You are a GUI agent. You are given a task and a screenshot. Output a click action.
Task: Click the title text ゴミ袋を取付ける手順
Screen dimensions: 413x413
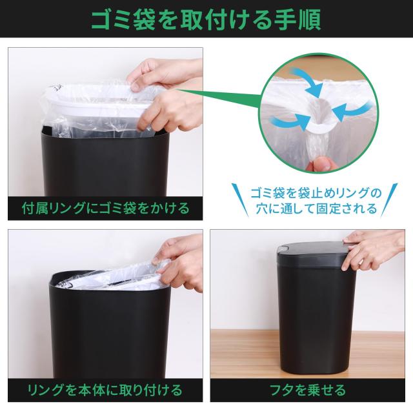(x=206, y=20)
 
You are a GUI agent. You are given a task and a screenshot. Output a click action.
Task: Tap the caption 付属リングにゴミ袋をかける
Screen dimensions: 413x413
(x=105, y=208)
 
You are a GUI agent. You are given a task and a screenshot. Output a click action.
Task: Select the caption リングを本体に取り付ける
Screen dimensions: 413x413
(x=105, y=390)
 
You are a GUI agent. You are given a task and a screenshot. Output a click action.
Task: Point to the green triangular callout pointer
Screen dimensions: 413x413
(x=219, y=103)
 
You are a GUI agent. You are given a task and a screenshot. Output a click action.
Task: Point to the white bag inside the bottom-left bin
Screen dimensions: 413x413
(x=110, y=281)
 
